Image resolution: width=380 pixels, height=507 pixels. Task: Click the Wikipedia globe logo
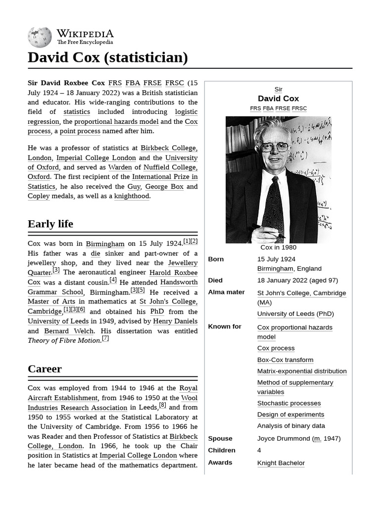coord(40,37)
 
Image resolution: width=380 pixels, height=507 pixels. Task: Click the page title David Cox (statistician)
coord(108,57)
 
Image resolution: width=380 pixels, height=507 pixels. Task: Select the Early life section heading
coord(50,224)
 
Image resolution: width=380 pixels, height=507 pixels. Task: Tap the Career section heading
coord(45,369)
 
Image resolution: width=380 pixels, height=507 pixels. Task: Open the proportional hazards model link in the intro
coord(116,122)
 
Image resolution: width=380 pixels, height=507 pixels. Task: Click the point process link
coord(80,131)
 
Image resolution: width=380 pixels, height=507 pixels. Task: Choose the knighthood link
coord(132,196)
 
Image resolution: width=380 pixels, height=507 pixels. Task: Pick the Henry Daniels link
coord(175,321)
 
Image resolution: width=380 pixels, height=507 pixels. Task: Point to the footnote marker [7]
coord(105,339)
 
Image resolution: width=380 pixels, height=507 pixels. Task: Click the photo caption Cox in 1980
coord(279,248)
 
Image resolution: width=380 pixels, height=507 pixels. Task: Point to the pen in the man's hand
coord(267,230)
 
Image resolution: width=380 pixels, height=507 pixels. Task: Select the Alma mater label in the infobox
coord(226,292)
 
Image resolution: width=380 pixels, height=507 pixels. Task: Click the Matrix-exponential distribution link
coord(302,371)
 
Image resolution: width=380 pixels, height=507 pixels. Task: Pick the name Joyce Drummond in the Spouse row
coord(284,439)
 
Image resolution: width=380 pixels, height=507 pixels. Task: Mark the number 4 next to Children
coord(259,451)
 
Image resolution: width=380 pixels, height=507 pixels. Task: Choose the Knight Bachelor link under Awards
coord(281,463)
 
